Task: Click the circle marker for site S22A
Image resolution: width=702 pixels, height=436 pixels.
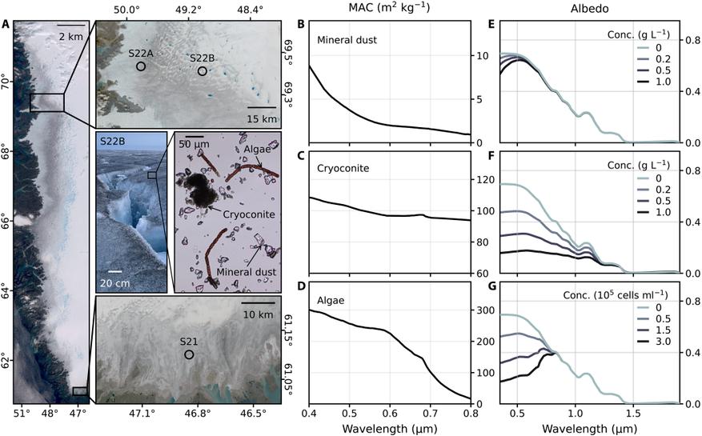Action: coord(141,66)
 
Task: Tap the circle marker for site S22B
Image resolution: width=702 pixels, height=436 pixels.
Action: coord(203,71)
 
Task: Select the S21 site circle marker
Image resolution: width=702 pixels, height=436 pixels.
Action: coord(189,354)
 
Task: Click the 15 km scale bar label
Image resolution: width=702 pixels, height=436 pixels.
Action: coord(262,119)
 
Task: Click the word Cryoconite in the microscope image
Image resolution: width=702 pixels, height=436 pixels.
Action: coord(249,214)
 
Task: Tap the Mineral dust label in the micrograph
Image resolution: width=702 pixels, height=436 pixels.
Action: coord(247,272)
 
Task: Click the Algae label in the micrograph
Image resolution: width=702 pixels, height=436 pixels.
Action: coord(258,150)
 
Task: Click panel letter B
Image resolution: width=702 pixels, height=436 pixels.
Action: coord(301,24)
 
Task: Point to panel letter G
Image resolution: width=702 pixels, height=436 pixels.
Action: coord(491,285)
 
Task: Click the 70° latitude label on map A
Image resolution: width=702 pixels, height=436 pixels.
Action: coord(6,82)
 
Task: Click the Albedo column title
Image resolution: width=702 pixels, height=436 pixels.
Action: coord(589,8)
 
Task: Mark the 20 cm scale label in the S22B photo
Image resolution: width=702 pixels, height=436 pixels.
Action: coord(115,283)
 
